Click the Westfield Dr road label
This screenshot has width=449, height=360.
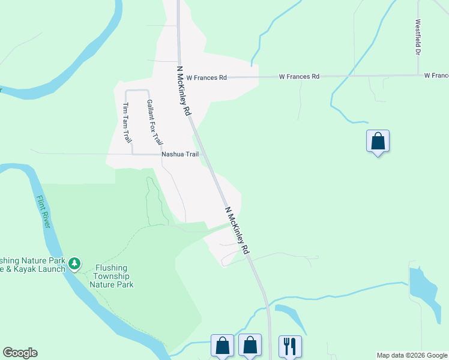coord(417,37)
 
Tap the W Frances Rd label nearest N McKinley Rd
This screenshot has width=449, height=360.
coord(206,77)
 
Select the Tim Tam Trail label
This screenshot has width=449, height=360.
coord(127,123)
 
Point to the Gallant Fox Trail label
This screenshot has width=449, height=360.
coord(154,122)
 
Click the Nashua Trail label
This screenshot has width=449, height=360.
coord(179,154)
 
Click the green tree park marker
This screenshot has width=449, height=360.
coord(74,263)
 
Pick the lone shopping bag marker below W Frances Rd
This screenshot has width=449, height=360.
coord(378,141)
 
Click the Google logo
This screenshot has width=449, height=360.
coord(20,353)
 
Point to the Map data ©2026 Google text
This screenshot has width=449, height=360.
coord(412,355)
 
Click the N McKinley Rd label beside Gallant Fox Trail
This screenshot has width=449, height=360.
coord(184,91)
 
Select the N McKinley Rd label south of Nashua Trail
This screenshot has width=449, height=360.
coord(237,231)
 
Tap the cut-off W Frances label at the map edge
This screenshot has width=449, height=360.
coord(436,76)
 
